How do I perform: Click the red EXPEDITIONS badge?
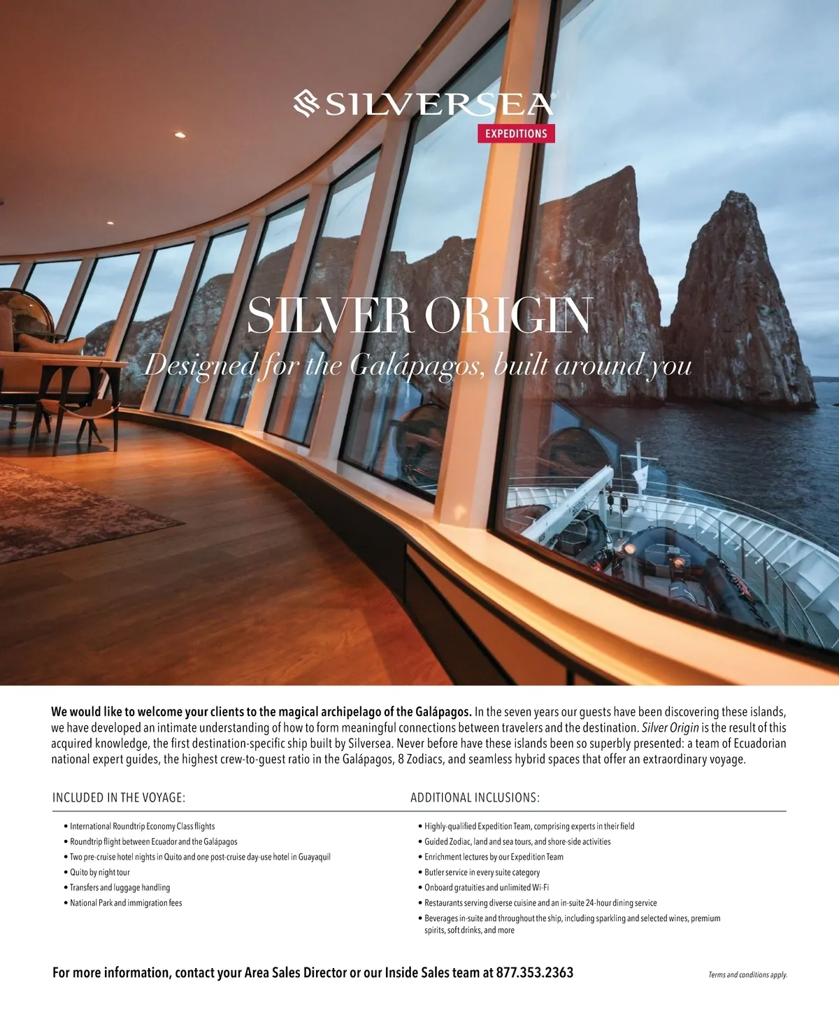[516, 133]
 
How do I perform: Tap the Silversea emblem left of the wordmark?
[308, 104]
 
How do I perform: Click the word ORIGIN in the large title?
[508, 316]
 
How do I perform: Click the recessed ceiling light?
[180, 134]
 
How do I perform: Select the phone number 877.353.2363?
[535, 972]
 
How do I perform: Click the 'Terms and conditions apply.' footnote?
[747, 975]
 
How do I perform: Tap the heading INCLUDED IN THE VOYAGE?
[119, 797]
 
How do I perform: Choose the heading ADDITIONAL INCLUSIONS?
[475, 797]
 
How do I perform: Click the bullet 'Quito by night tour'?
[99, 872]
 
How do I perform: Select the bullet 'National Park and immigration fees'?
[126, 903]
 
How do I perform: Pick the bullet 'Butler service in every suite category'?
[482, 872]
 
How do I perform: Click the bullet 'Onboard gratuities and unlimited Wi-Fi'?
[487, 888]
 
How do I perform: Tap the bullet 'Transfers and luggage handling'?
[120, 888]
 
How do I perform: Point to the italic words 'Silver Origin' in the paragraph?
[670, 727]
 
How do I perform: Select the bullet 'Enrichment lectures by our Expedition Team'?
[494, 857]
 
